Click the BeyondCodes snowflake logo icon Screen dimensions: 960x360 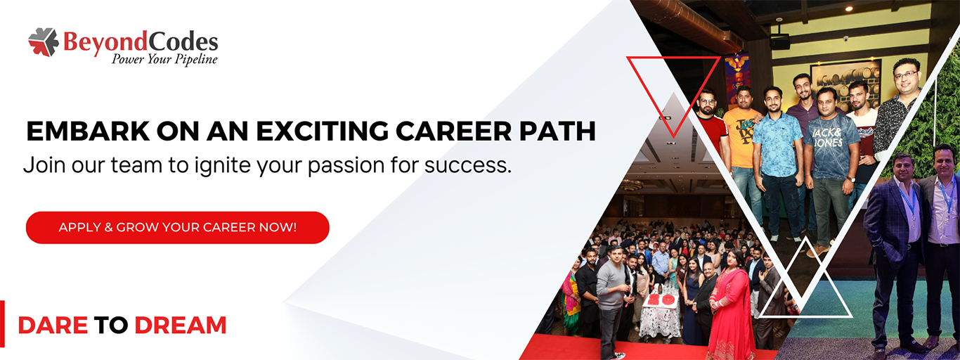tap(44, 42)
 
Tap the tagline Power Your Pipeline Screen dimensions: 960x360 tap(164, 59)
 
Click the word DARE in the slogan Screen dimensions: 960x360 tap(53, 326)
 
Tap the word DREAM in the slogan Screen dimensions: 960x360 tap(181, 326)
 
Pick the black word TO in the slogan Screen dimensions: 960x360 tap(111, 326)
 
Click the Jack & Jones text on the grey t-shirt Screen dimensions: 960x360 tap(828, 136)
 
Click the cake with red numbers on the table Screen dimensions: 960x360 tap(659, 300)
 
